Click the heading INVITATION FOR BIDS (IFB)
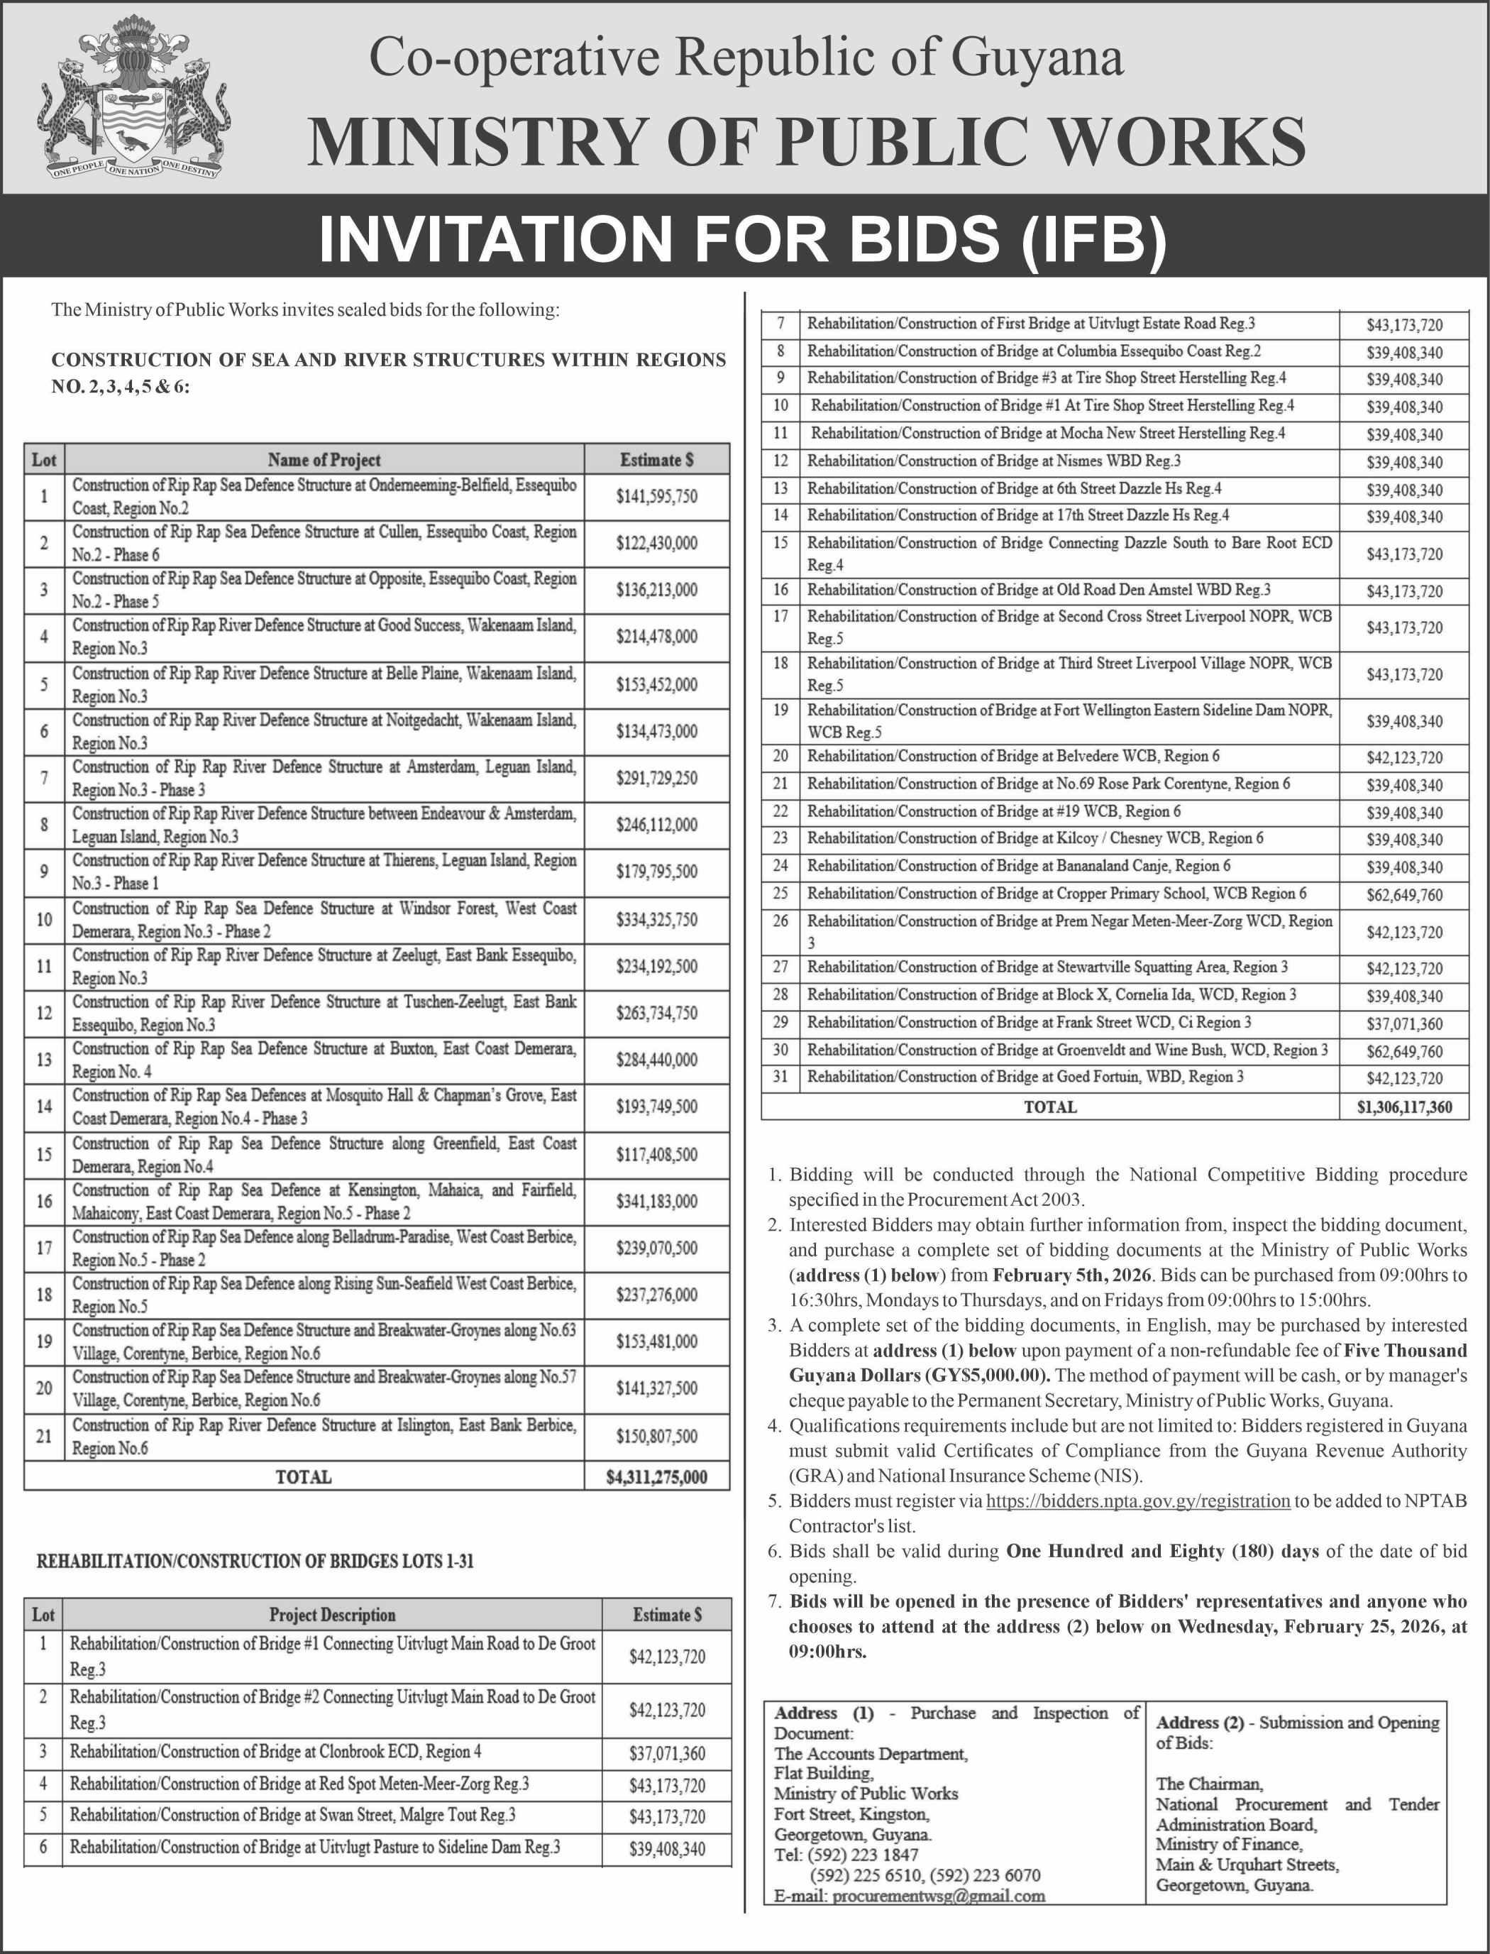click(x=744, y=238)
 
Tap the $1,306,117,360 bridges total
click(x=1404, y=1107)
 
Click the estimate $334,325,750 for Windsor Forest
click(x=656, y=920)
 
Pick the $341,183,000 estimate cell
click(x=656, y=1201)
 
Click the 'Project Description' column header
click(x=332, y=1614)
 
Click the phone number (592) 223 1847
click(x=864, y=1855)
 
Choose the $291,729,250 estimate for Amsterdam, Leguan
click(x=656, y=778)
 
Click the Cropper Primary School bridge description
click(x=1056, y=893)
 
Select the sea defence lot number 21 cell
click(x=43, y=1435)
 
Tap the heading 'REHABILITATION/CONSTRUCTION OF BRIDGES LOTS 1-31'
click(x=255, y=1561)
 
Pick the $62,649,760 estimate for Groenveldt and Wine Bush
click(x=1404, y=1051)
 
